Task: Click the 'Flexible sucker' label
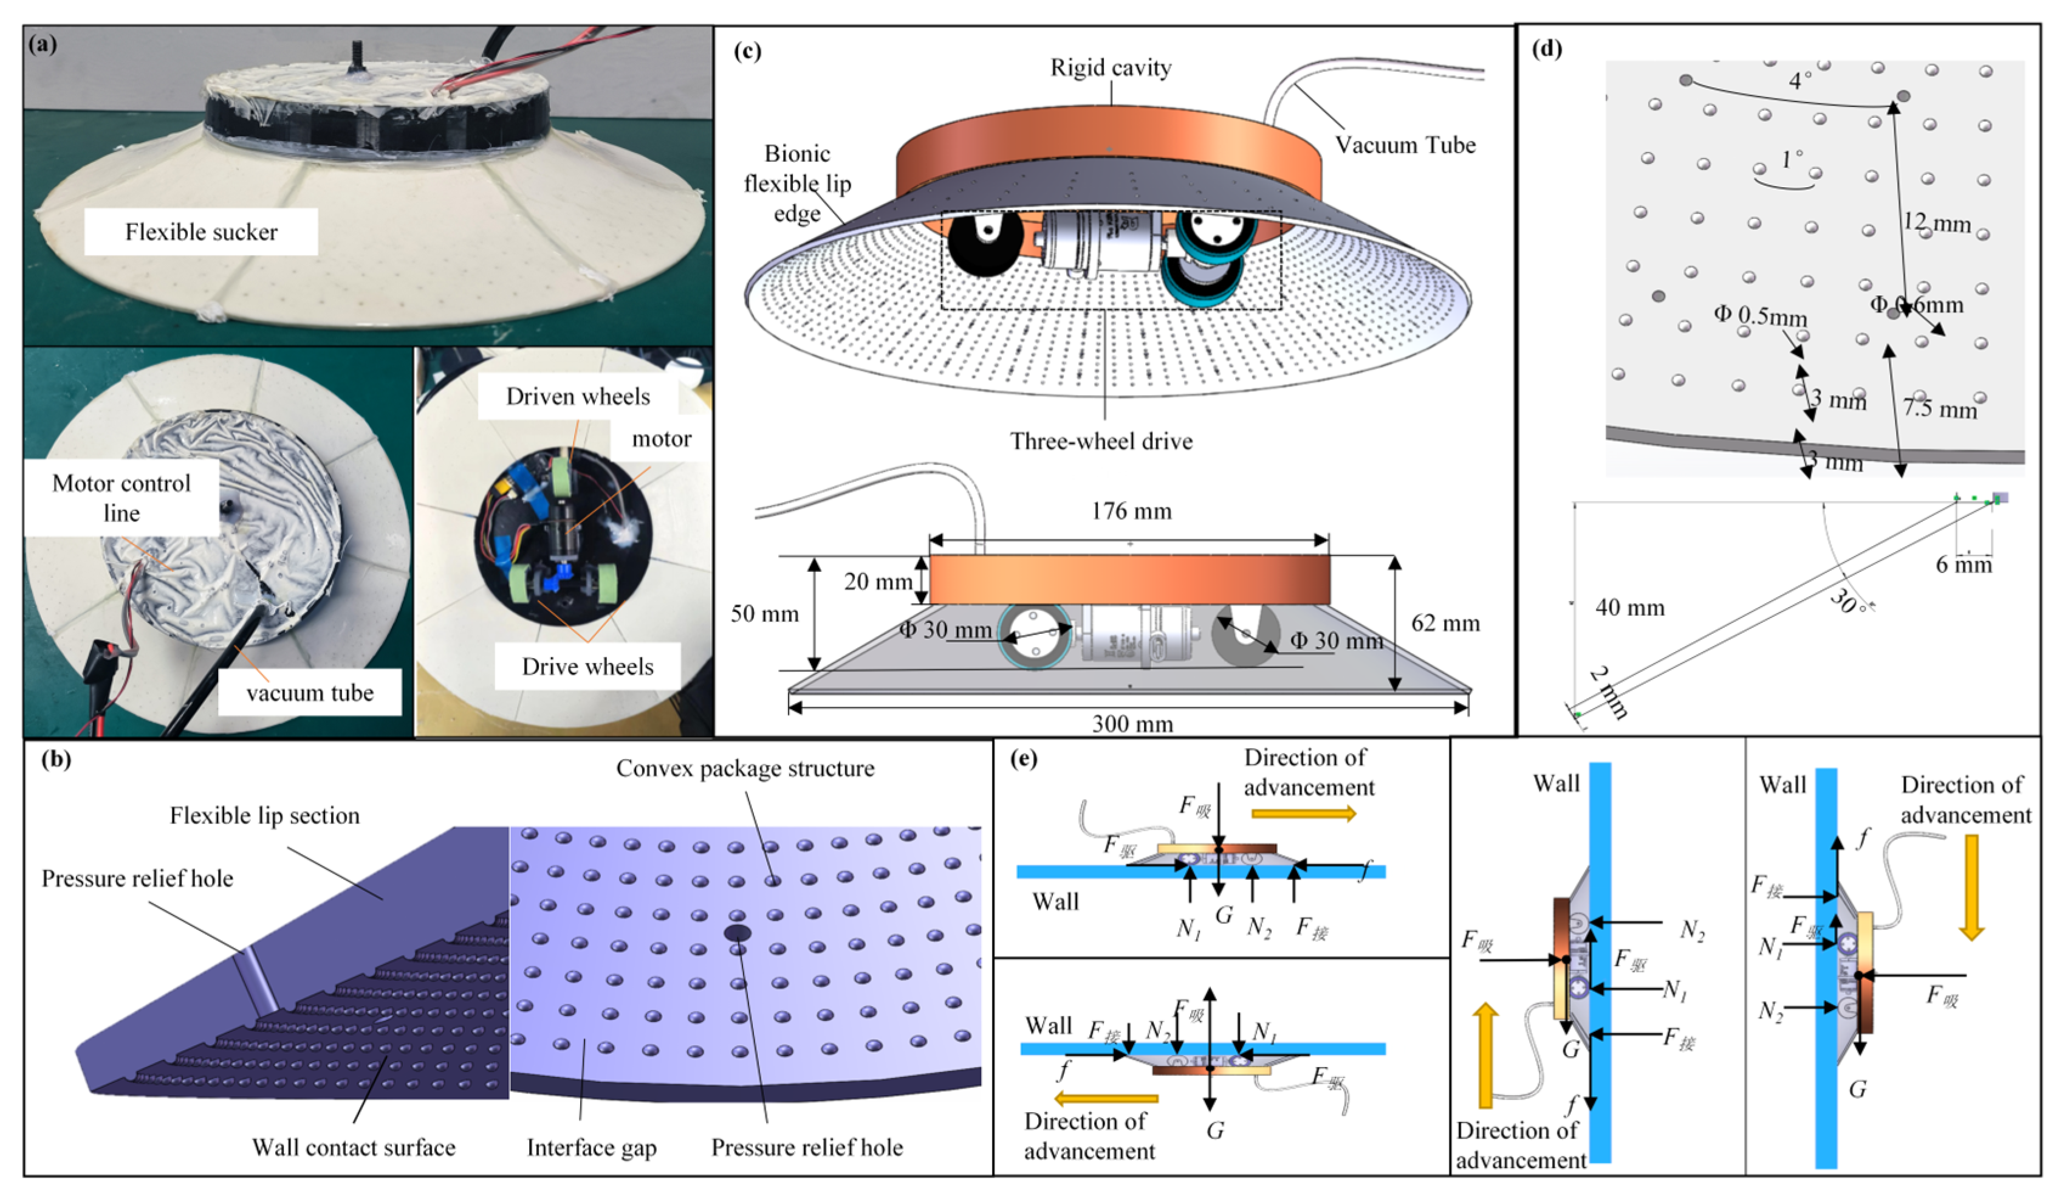tap(201, 232)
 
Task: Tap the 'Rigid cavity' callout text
tap(1111, 68)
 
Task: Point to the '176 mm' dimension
tap(1130, 511)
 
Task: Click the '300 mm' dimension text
tap(1132, 724)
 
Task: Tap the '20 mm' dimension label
tap(877, 582)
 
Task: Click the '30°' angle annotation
tap(1848, 603)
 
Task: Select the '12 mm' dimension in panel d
tap(1936, 222)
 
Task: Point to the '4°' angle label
tap(1799, 80)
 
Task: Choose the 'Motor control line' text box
tap(122, 498)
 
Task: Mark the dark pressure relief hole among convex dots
tap(736, 932)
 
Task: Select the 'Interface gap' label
tap(591, 1147)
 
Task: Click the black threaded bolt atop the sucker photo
tap(358, 58)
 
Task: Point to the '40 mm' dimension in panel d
tap(1630, 608)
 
